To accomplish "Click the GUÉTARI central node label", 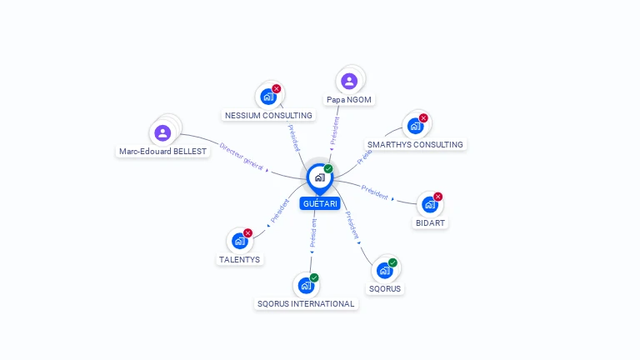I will coord(320,204).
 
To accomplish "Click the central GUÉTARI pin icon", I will coord(319,177).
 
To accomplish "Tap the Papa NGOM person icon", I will coord(349,81).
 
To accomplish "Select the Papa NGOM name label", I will coord(349,99).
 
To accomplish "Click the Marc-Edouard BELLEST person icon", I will coord(162,132).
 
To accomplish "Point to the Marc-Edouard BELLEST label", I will coord(162,152).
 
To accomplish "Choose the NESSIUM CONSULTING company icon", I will coord(268,97).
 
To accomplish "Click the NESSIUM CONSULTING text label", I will coord(268,115).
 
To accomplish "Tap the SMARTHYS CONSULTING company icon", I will coord(415,126).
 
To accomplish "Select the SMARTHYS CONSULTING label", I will coord(415,144).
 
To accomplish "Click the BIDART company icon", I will coord(429,204).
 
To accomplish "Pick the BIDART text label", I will coord(430,222).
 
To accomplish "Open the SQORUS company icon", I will coord(384,270).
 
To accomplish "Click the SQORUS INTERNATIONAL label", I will coord(307,303).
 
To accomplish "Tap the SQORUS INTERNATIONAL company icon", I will coord(306,285).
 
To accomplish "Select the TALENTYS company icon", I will coord(239,241).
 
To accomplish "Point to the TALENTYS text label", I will coord(239,259).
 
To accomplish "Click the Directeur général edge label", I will coord(241,156).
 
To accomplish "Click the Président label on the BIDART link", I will coord(375,192).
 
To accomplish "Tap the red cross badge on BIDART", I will coord(438,197).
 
